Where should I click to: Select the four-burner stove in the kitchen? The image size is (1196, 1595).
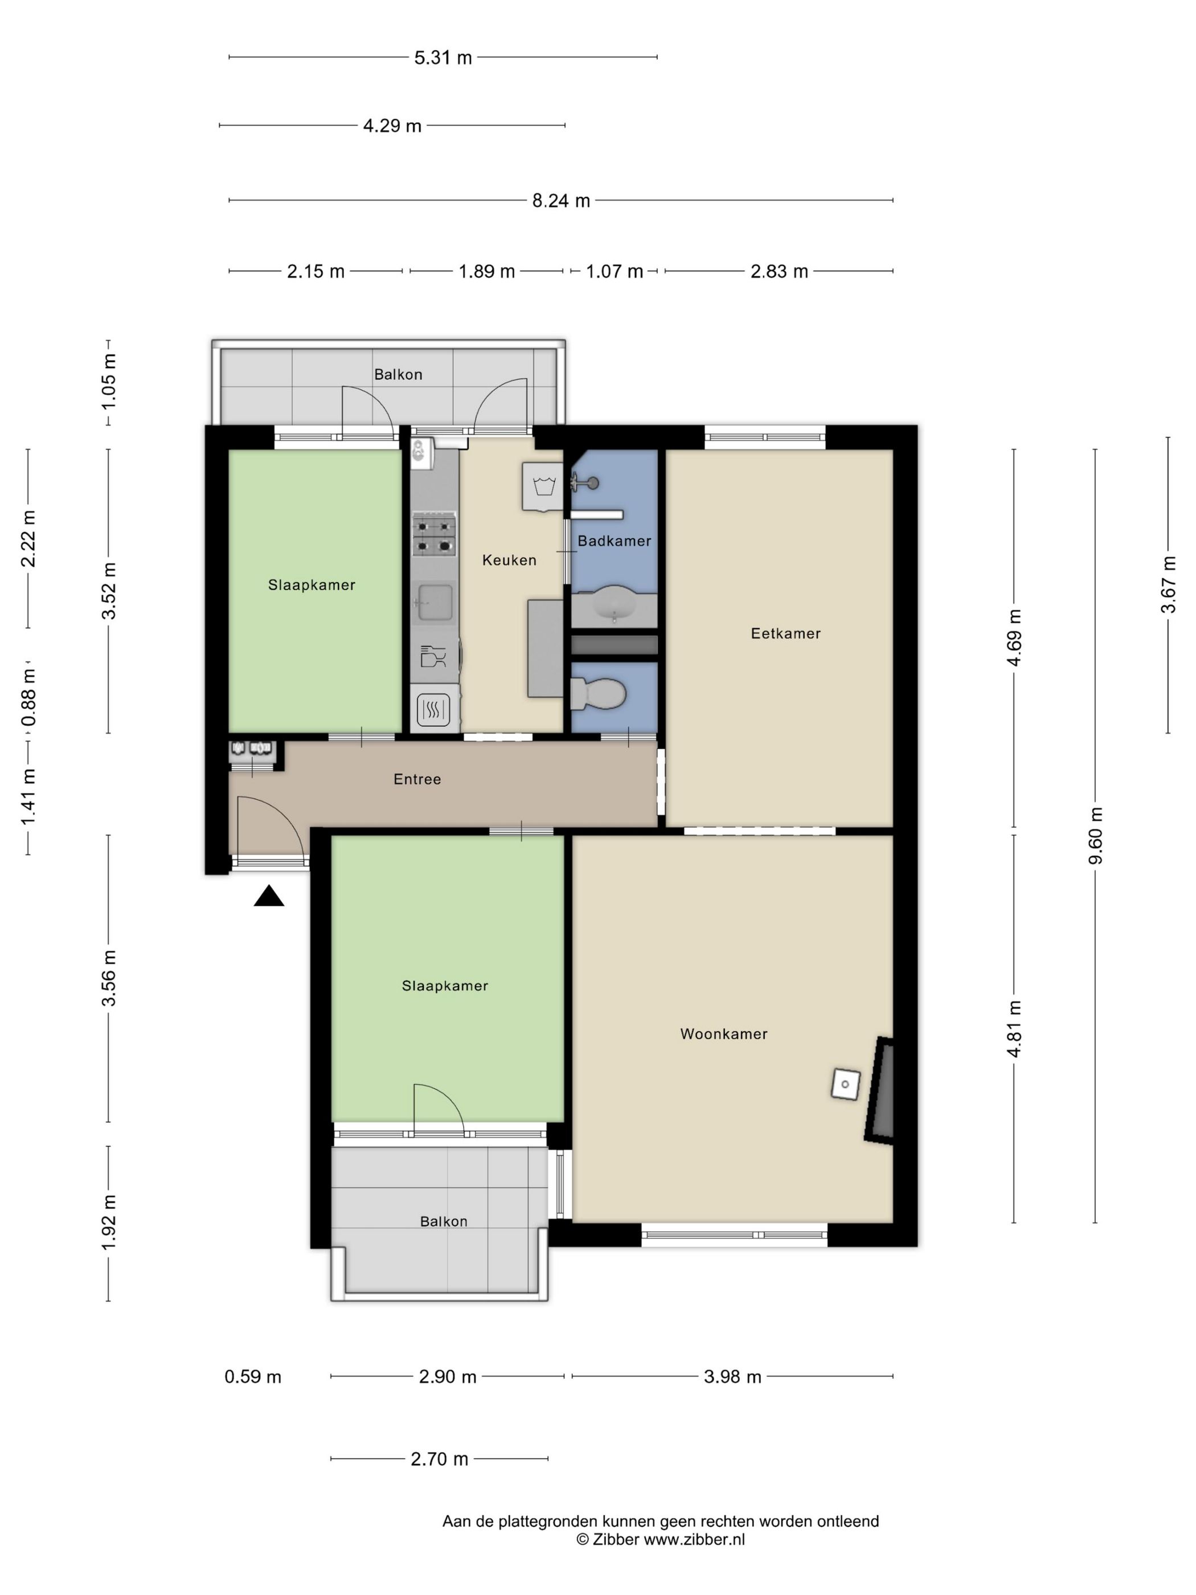click(434, 534)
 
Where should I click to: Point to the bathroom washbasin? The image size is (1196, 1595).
click(614, 604)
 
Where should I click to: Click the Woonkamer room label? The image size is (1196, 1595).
click(724, 1034)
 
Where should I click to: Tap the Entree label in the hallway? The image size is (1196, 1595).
click(417, 779)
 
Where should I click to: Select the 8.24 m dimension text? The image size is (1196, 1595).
click(561, 201)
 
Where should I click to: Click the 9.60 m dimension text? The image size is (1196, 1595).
click(1096, 836)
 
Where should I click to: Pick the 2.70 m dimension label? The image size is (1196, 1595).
click(439, 1459)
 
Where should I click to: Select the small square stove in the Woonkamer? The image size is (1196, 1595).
click(846, 1084)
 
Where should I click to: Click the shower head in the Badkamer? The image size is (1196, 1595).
click(585, 482)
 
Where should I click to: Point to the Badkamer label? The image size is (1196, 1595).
click(614, 541)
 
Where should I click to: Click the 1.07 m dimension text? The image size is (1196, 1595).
click(614, 271)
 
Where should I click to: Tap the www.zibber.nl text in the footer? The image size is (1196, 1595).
click(694, 1540)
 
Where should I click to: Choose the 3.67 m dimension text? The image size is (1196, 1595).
click(1169, 585)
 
